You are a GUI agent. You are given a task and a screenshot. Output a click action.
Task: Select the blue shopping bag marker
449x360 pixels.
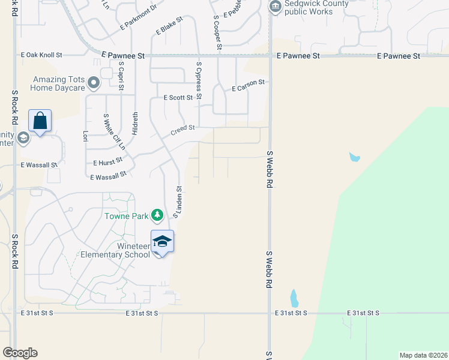click(40, 121)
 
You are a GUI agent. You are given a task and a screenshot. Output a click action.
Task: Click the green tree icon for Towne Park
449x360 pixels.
click(157, 215)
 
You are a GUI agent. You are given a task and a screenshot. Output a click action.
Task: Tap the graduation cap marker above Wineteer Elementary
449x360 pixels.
click(162, 241)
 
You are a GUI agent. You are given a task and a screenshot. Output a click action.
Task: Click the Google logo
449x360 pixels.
click(20, 353)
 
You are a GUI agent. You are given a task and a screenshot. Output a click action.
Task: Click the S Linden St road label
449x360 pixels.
click(178, 202)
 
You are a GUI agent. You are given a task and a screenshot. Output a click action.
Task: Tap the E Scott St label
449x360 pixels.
click(178, 97)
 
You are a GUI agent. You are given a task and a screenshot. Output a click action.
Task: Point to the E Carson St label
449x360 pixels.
click(249, 85)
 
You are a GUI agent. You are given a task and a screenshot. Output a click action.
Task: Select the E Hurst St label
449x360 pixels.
click(108, 161)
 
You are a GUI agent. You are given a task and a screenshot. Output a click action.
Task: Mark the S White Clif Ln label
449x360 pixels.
click(115, 131)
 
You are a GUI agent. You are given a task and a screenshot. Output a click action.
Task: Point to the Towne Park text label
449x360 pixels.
click(126, 216)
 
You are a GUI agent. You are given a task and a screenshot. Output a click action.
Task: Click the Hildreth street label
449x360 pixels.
click(135, 123)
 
